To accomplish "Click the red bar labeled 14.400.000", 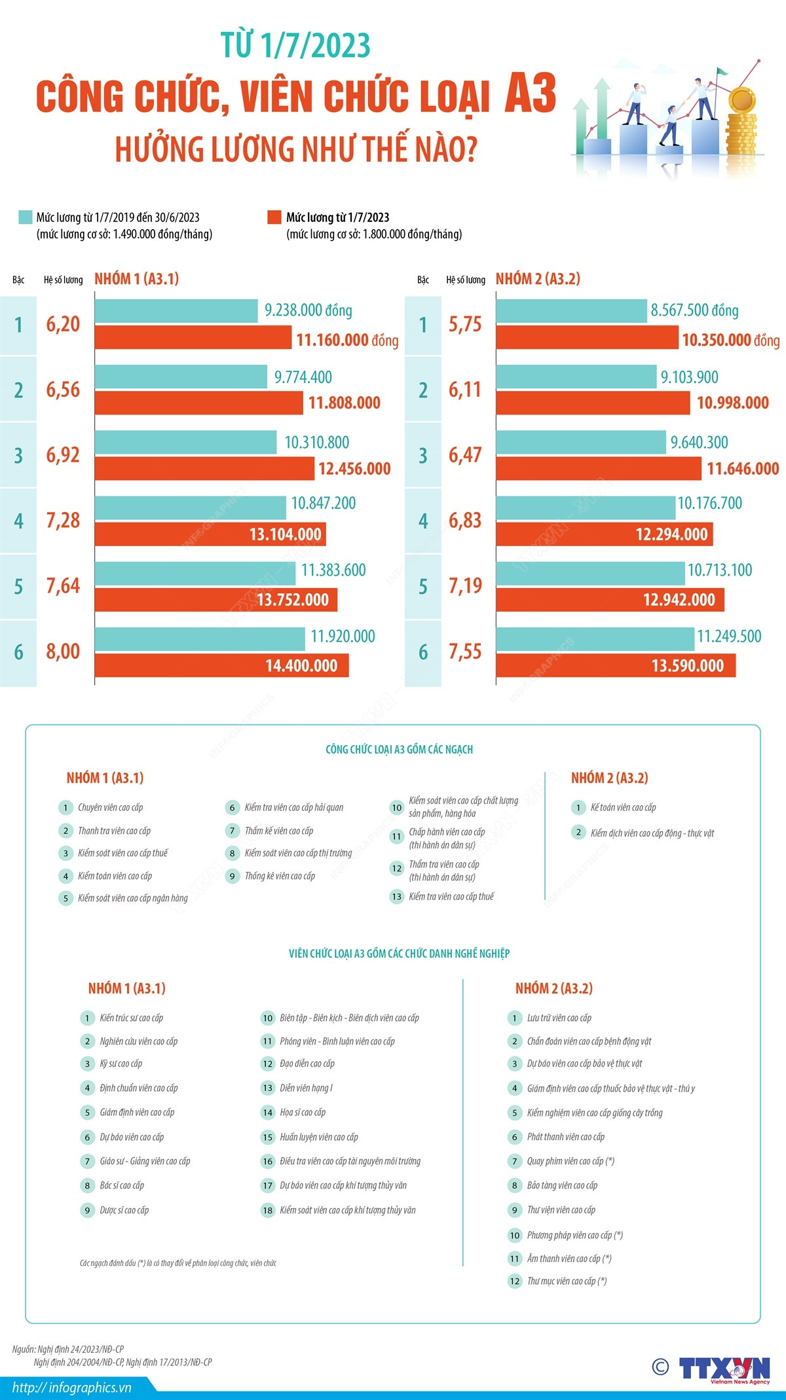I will click(x=221, y=665).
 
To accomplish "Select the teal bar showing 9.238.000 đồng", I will click(x=176, y=311).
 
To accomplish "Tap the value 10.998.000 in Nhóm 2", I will click(x=732, y=403).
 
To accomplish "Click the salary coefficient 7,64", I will click(x=63, y=586).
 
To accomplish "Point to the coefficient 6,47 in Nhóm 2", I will click(x=465, y=455).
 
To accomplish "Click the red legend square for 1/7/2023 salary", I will click(x=274, y=217).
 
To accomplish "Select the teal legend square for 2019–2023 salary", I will click(x=25, y=217).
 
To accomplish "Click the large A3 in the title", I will click(x=530, y=94).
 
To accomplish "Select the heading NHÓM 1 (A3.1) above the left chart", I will click(x=136, y=279).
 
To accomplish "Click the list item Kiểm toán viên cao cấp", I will click(x=115, y=876).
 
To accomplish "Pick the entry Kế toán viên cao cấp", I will click(x=623, y=807).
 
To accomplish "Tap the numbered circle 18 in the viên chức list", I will click(x=267, y=1210).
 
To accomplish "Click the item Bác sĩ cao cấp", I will click(x=122, y=1185).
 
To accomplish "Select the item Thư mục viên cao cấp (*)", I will click(x=567, y=1281).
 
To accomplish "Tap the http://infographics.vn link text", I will click(x=72, y=1387).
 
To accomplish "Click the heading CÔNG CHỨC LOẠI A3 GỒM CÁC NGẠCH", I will click(x=399, y=749).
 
